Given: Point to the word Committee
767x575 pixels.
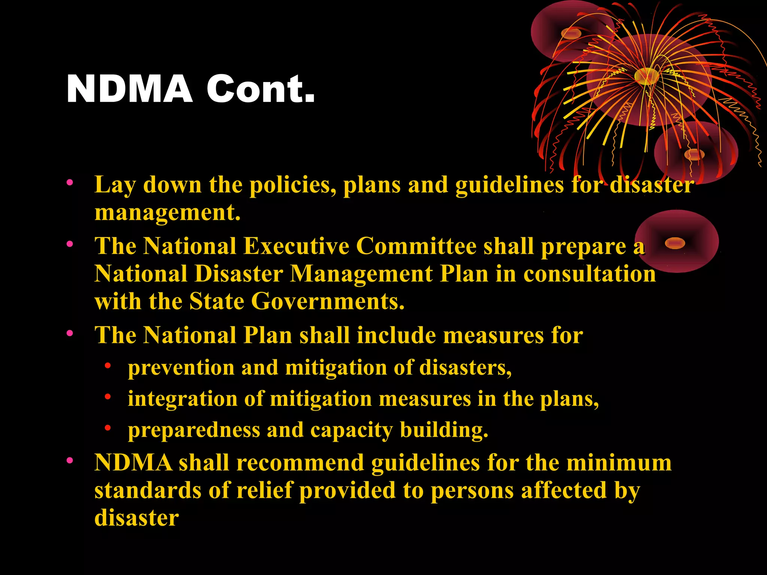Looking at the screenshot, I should [x=416, y=246].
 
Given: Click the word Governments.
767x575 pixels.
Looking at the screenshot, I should [x=328, y=301].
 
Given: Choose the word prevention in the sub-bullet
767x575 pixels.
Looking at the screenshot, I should [x=181, y=368].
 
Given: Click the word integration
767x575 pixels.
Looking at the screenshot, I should [x=182, y=399].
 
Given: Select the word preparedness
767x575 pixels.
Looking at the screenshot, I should [x=194, y=430].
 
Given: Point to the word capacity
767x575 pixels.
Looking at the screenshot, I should [x=351, y=430].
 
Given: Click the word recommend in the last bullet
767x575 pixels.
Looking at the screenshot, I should [x=300, y=463].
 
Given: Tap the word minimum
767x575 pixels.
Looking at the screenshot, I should [x=619, y=463].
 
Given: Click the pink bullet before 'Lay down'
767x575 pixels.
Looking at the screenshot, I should [x=70, y=183].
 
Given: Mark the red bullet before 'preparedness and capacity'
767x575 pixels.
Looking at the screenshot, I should [x=108, y=428].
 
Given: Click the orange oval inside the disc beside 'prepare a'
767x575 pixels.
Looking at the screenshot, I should [x=674, y=243].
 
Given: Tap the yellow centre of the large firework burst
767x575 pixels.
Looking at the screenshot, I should [x=646, y=76].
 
